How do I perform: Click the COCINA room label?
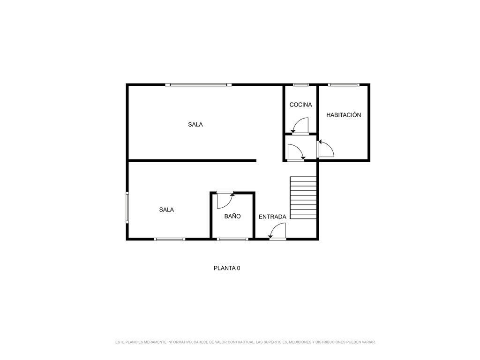pos(300,105)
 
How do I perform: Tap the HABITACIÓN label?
pos(344,115)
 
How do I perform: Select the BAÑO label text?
pos(232,216)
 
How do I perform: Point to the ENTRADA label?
pos(272,217)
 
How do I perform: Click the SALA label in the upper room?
pos(195,124)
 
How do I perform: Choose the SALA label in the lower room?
pos(166,210)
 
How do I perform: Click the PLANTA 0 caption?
pos(227,268)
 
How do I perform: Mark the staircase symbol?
pos(303,197)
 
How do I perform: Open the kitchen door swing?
pos(300,126)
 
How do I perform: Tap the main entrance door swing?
pos(277,231)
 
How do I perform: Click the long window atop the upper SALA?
pos(198,85)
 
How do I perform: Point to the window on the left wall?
pos(127,207)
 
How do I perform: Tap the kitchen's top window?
pos(301,85)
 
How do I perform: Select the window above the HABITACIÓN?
pos(344,85)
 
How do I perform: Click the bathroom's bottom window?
pos(232,239)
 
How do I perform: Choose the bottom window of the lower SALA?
pos(170,239)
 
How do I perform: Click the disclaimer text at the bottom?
pos(245,342)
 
